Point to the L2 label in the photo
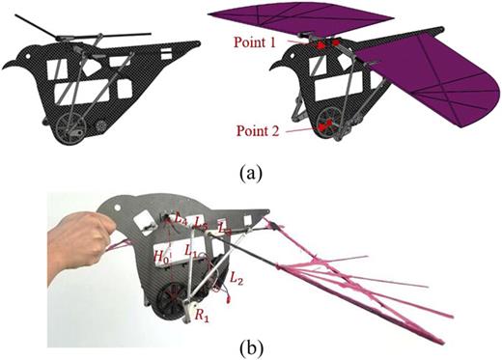(x=236, y=277)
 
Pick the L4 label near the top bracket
(x=180, y=221)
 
